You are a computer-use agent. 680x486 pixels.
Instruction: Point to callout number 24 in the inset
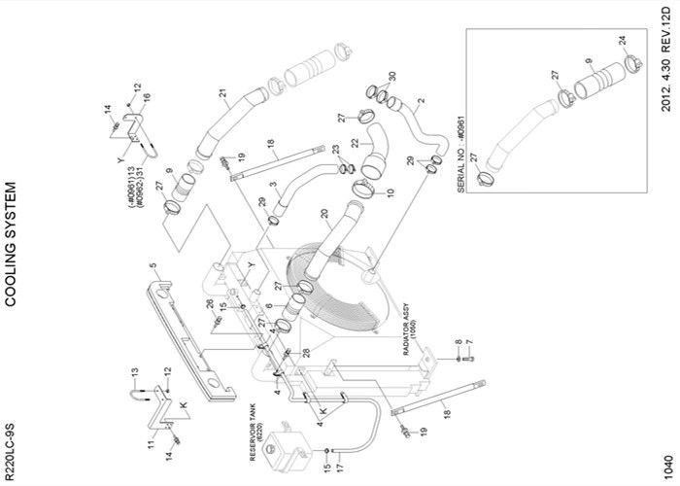(622, 40)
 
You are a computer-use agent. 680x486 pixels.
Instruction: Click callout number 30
(391, 78)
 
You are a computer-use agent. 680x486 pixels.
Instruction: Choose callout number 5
(153, 263)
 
